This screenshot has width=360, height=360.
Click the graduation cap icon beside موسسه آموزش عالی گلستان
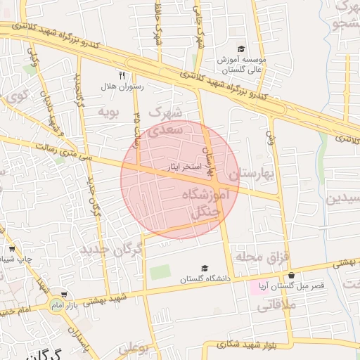pyautogui.click(x=241, y=49)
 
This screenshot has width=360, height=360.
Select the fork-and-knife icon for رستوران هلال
pyautogui.click(x=122, y=75)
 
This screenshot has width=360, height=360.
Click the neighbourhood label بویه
pyautogui.click(x=108, y=111)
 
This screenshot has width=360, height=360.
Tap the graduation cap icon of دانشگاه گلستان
pyautogui.click(x=205, y=268)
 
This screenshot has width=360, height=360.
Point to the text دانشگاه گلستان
pyautogui.click(x=205, y=278)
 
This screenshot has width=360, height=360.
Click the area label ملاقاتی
pyautogui.click(x=277, y=305)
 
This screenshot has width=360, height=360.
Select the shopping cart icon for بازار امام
pyautogui.click(x=65, y=295)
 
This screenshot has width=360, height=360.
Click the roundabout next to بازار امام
pyautogui.click(x=55, y=305)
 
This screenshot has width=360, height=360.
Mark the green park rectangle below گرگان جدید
pyautogui.click(x=160, y=271)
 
